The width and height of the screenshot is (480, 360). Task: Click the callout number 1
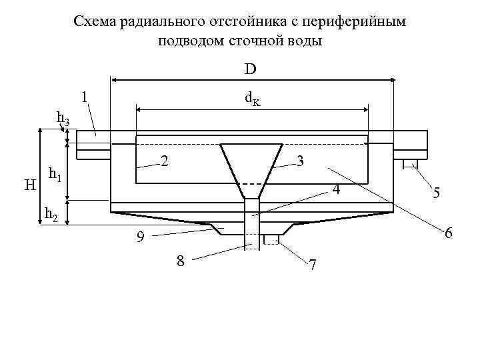click(x=84, y=97)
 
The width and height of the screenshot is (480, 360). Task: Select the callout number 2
click(x=164, y=161)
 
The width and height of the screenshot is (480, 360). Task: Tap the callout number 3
click(x=301, y=161)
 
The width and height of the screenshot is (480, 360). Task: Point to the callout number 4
click(x=336, y=191)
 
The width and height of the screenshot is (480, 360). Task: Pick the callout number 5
click(x=435, y=193)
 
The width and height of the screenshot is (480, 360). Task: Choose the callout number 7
click(x=313, y=265)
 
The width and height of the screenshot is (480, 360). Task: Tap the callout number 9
click(x=139, y=237)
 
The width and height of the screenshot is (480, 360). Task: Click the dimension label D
click(x=251, y=69)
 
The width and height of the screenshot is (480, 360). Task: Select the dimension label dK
click(x=253, y=99)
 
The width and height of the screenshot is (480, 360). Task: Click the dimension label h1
click(x=56, y=176)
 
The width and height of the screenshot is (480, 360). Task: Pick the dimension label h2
click(x=51, y=214)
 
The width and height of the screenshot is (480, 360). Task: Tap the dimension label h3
click(x=63, y=119)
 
